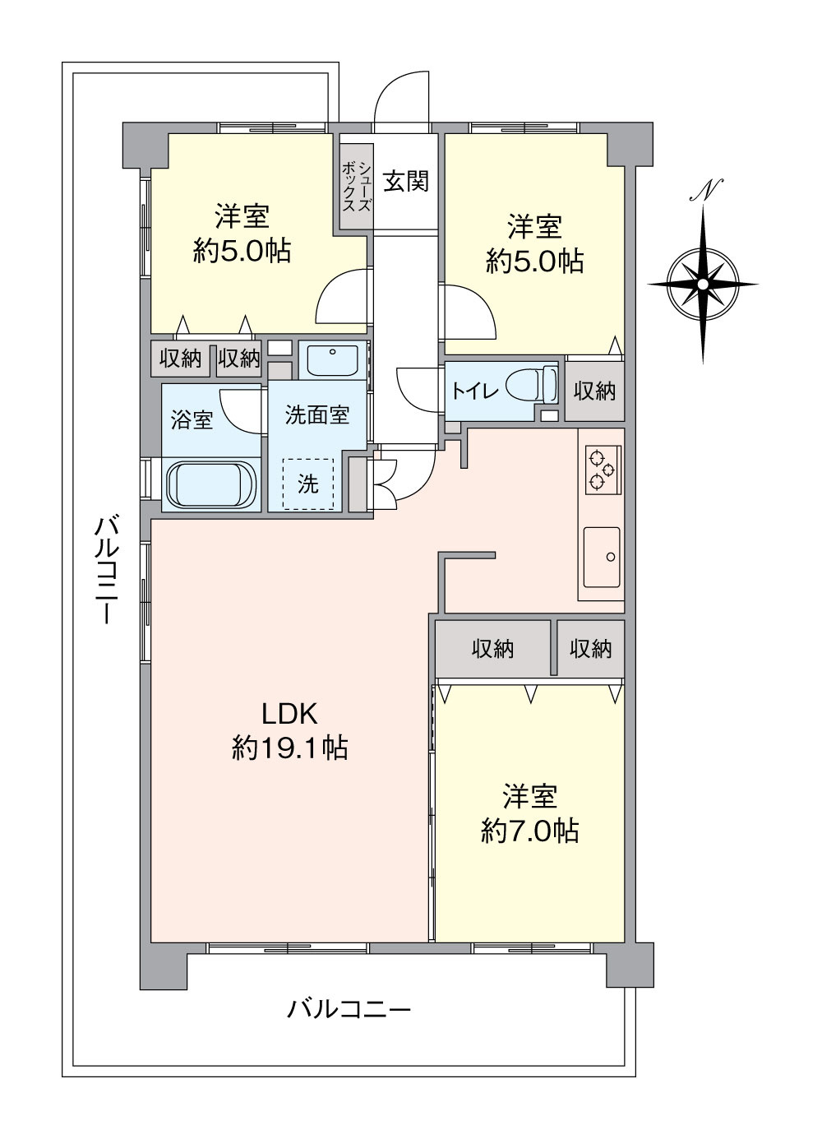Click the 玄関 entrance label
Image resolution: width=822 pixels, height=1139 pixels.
406,181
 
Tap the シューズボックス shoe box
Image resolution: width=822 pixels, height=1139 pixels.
357,186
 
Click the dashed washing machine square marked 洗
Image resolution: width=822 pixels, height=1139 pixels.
308,484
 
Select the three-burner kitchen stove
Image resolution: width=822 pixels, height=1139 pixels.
603,470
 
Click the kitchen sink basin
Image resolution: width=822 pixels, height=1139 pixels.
602,557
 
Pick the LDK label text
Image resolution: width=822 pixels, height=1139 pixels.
289,714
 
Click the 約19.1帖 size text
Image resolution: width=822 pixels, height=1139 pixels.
290,748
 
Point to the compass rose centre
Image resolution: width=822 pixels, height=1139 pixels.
703,285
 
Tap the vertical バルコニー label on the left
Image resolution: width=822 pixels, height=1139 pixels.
106,569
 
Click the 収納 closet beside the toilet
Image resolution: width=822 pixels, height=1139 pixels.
595,391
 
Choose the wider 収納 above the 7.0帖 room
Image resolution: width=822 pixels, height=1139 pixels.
492,648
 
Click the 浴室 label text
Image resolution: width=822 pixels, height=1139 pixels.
192,420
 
